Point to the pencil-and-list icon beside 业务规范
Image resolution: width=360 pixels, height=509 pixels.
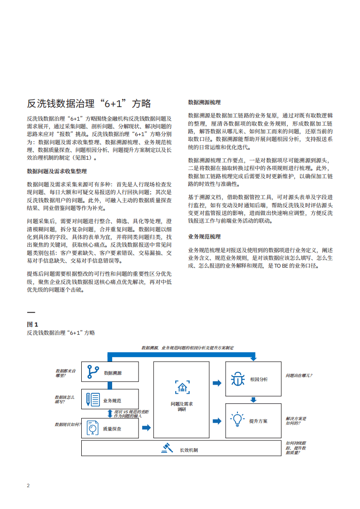(x=93, y=400)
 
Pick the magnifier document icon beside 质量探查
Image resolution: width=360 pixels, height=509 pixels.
(x=93, y=427)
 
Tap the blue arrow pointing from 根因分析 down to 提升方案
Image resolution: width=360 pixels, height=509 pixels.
(x=253, y=400)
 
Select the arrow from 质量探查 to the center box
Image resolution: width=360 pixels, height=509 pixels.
(x=146, y=427)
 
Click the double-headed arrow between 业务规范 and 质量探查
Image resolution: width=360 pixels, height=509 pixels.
(x=110, y=413)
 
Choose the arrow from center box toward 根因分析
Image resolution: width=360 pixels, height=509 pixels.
(x=217, y=382)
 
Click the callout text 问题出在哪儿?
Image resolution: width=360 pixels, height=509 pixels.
(x=298, y=376)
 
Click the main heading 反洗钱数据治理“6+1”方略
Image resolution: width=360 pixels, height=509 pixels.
(x=89, y=103)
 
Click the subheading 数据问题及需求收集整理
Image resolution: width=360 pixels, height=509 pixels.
(x=57, y=171)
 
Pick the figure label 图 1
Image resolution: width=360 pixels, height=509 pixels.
(x=33, y=324)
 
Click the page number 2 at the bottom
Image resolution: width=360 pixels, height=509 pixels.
(x=28, y=485)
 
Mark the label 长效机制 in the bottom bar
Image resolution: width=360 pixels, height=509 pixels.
(x=189, y=450)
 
